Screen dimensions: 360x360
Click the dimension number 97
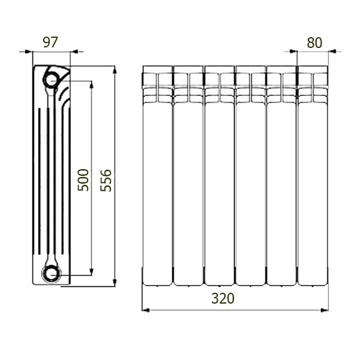pos(50,42)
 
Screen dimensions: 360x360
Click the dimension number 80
pos(314,43)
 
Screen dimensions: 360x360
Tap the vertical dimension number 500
pos(83,180)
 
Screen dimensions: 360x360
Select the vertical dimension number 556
pos(106,181)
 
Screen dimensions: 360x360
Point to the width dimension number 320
pos(223,298)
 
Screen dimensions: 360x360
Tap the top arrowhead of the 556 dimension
pos(115,70)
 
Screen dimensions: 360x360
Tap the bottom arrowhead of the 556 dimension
pos(115,283)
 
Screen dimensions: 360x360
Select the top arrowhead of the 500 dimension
pos(91,85)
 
